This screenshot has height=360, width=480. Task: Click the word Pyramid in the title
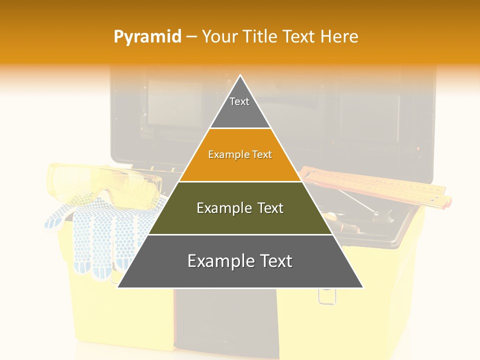coord(147,37)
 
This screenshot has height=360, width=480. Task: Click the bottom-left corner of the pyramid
coord(118,287)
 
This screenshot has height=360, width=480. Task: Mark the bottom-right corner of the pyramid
coord(362,287)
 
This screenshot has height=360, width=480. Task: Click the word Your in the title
coord(219,36)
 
